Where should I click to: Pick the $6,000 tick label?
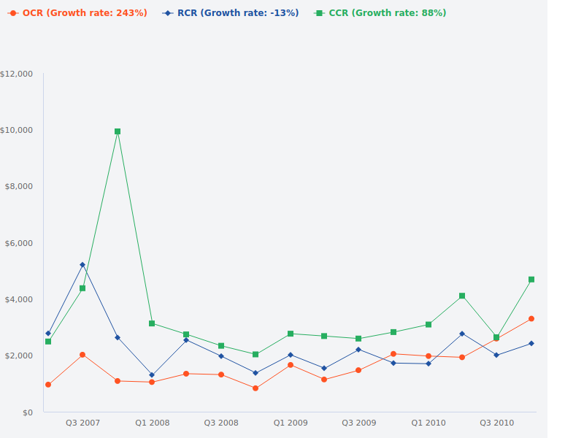coord(18,243)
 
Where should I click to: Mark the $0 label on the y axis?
coord(27,412)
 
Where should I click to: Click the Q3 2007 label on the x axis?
coord(82,423)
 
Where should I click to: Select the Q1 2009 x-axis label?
coord(291,423)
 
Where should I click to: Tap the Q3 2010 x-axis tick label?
coord(496,423)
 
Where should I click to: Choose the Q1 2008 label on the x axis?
coord(152,423)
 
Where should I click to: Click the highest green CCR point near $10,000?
coord(118,131)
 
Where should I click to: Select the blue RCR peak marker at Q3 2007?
coord(82,265)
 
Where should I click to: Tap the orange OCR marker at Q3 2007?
coord(82,355)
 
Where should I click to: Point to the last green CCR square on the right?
coord(531,280)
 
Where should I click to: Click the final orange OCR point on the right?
coord(531,318)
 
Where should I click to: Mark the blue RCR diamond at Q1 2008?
coord(152,375)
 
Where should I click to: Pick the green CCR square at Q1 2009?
coord(291,334)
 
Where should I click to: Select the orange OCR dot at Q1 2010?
coord(429,356)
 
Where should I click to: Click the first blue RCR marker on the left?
coord(48,334)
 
